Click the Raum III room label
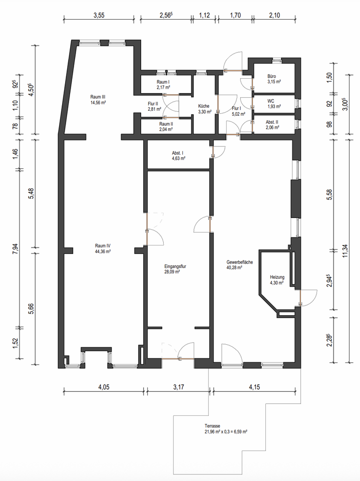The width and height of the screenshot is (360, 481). click(97, 97)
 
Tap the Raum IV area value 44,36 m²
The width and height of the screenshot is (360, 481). click(103, 252)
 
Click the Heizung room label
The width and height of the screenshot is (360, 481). click(277, 277)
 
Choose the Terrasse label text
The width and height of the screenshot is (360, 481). click(212, 425)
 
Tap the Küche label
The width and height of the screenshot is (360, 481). click(203, 106)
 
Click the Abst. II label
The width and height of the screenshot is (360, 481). click(272, 122)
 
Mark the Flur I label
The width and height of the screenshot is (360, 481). click(237, 108)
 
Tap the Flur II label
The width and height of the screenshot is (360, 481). click(153, 104)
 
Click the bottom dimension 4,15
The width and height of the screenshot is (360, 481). click(255, 387)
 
